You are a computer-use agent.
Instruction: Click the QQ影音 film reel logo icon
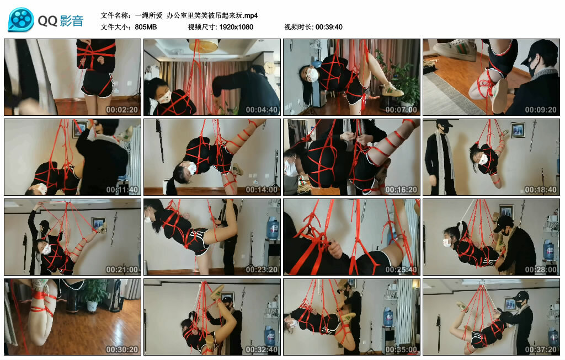21,20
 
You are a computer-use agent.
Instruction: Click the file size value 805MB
146,27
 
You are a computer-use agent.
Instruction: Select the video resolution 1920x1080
236,27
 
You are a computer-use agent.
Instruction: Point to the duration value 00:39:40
329,27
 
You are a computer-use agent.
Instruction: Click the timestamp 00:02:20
122,110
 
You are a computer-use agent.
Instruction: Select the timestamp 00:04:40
262,110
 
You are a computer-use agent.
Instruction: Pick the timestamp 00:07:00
401,110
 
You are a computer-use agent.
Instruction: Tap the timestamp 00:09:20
541,110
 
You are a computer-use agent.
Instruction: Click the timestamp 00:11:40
122,190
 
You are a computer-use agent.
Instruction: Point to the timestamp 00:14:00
262,190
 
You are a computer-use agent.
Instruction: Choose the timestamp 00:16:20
401,190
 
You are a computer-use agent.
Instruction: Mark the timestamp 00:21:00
122,270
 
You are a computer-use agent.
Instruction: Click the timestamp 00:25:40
401,270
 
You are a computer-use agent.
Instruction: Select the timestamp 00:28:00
541,270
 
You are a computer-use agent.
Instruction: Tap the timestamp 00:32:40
262,350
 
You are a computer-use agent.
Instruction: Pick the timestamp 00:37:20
541,350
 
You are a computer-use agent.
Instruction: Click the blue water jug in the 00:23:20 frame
272,228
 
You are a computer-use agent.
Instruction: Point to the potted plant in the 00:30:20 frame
95,293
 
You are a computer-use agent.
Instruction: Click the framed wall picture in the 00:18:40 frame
518,130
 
